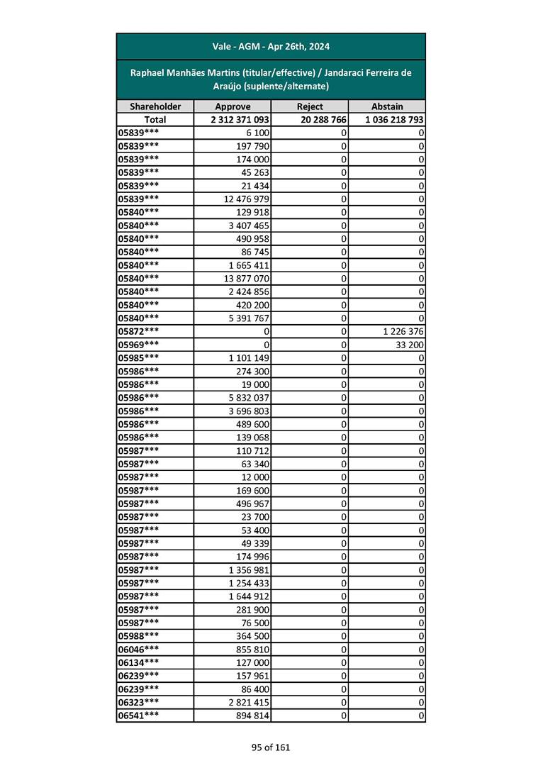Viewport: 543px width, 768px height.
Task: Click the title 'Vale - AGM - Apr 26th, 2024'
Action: tap(271, 47)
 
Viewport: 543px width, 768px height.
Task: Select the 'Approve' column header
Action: tap(233, 106)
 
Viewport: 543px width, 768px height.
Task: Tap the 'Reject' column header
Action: tap(310, 106)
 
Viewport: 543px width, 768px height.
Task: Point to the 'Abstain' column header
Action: tap(387, 106)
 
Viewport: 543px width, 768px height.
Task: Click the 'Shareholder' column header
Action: tap(155, 106)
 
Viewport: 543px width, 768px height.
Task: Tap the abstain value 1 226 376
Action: tap(402, 331)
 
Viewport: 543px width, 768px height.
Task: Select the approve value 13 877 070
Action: tap(246, 279)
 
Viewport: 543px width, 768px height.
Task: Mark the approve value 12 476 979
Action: tap(246, 199)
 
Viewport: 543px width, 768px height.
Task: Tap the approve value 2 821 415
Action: tap(249, 702)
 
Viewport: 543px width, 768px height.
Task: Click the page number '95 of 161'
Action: tap(271, 747)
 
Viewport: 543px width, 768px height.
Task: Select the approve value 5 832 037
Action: tap(249, 398)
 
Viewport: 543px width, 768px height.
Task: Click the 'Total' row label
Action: tap(155, 120)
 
